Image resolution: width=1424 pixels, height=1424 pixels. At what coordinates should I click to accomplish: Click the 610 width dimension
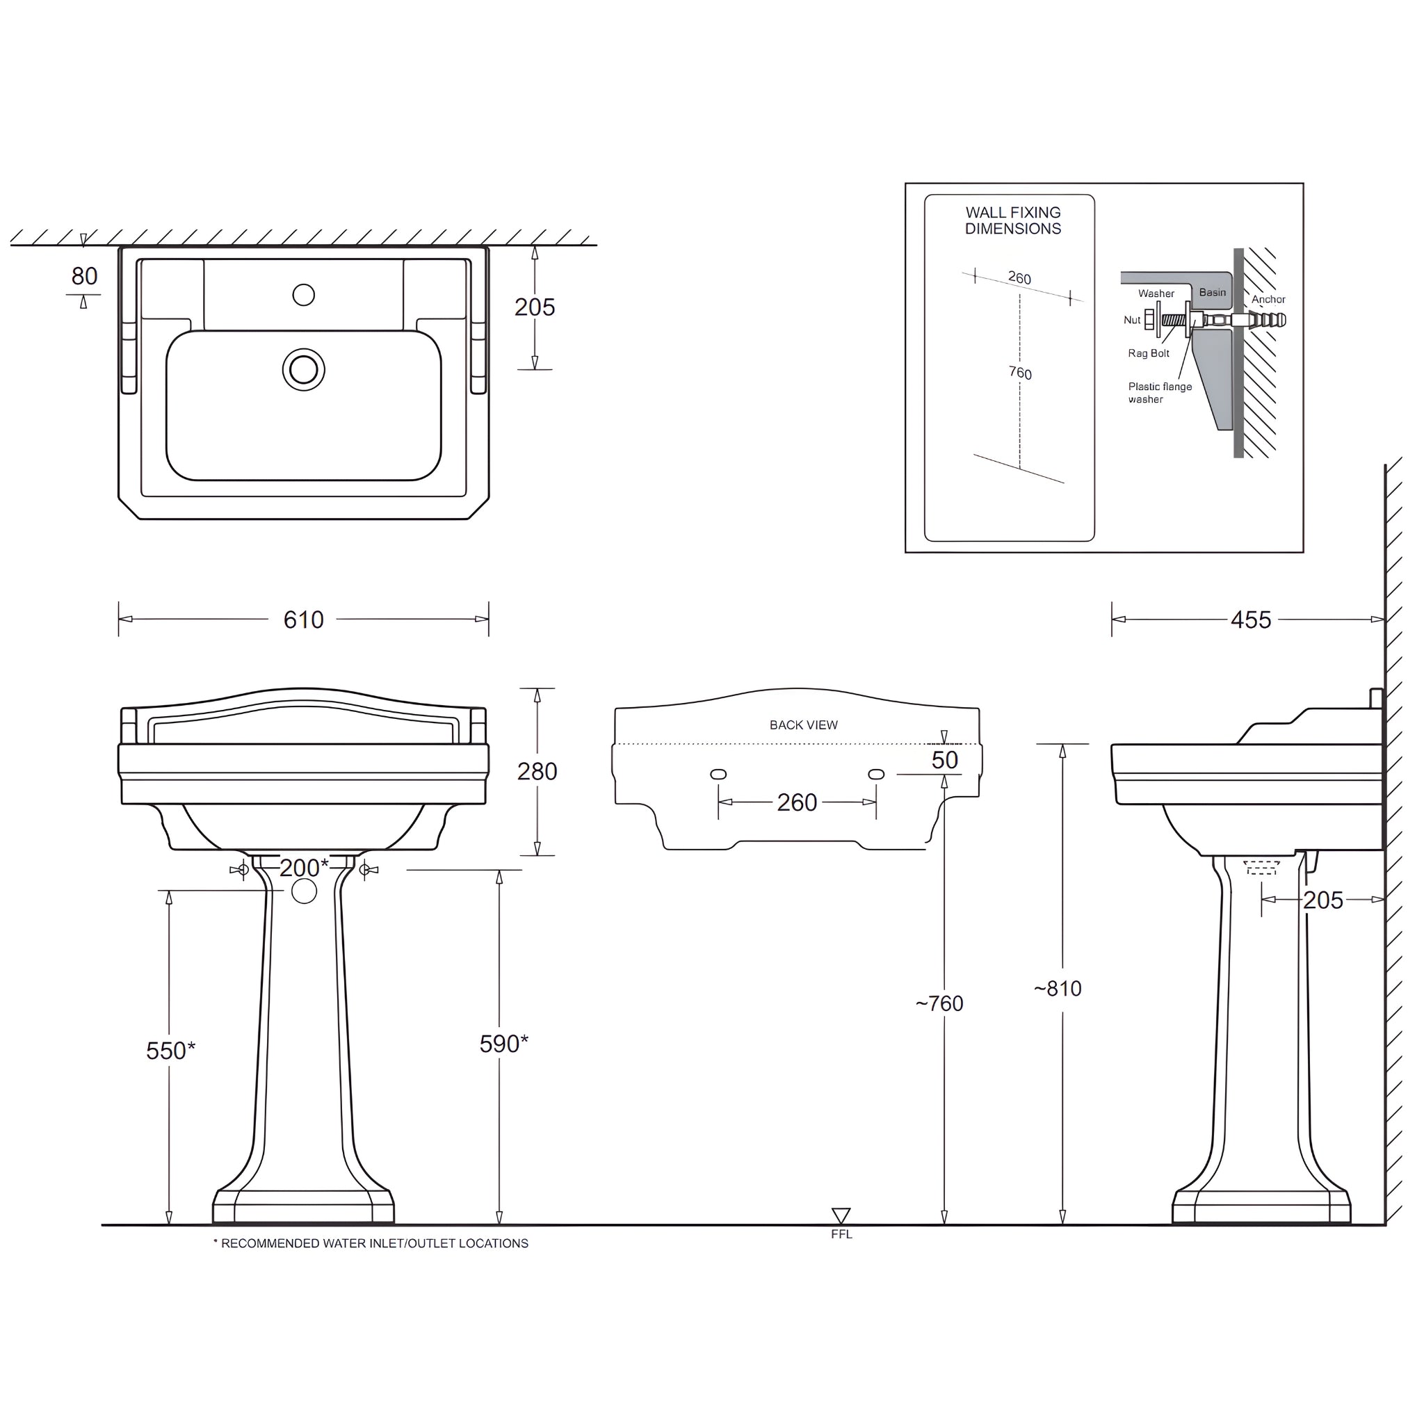click(303, 620)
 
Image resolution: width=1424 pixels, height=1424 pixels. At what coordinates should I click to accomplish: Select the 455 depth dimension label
click(1250, 620)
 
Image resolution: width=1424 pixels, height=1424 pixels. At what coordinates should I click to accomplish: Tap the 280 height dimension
click(537, 771)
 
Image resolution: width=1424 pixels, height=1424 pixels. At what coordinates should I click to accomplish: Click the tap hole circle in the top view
click(304, 295)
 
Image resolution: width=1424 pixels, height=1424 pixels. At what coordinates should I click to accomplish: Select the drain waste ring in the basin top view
click(304, 370)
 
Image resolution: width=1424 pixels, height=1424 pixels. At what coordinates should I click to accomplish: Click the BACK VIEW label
click(803, 725)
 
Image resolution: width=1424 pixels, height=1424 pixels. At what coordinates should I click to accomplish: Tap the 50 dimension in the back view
click(944, 760)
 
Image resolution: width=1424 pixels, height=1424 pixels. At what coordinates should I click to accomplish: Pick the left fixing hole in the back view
click(718, 774)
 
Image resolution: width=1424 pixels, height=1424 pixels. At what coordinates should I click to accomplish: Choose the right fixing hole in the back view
click(876, 774)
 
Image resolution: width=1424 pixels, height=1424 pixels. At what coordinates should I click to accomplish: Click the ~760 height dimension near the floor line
click(939, 1003)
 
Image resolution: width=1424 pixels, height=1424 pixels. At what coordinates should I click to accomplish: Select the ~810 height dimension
click(1058, 989)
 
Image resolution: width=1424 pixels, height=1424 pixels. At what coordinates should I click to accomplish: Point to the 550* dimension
click(170, 1051)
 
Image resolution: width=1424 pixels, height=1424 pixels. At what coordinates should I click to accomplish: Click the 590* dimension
click(503, 1044)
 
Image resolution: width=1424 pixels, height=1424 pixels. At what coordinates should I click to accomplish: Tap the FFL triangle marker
click(841, 1215)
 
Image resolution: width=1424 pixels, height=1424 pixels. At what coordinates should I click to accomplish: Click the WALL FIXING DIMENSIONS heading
click(1012, 220)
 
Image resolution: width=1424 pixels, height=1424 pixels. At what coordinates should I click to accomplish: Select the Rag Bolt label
click(1149, 353)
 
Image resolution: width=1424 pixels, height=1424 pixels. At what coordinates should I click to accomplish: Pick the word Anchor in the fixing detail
click(1268, 299)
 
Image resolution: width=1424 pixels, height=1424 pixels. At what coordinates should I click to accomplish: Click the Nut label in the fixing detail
click(1131, 320)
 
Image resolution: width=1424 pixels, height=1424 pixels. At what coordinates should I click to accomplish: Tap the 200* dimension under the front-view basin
click(304, 868)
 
